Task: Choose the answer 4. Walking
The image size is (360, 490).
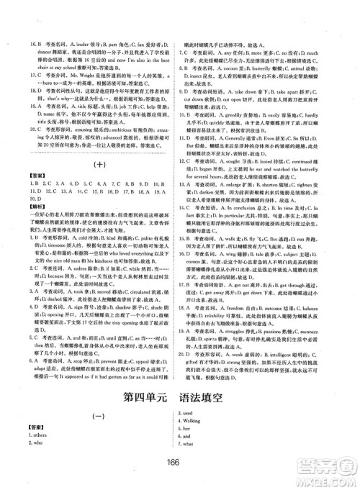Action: pos(198,420)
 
